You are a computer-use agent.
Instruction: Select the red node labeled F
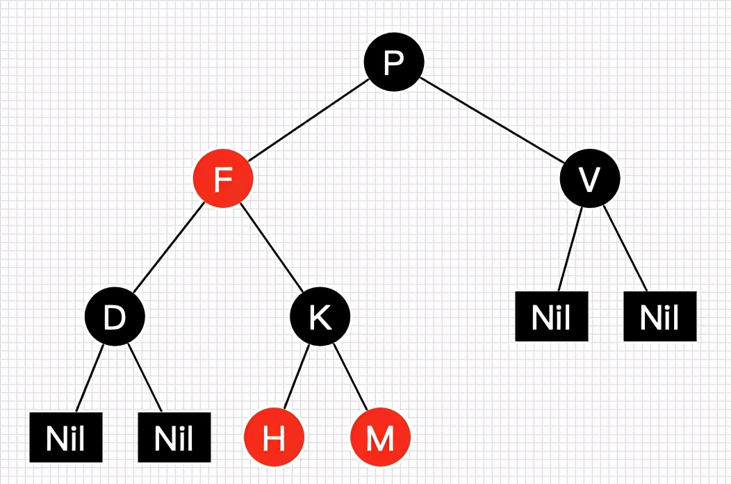pos(222,179)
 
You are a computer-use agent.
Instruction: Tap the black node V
pos(589,179)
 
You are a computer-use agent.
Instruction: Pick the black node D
pos(115,317)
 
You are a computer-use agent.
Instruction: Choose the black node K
pos(320,317)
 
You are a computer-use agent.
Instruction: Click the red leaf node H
pos(274,439)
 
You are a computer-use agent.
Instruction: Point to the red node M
pos(380,439)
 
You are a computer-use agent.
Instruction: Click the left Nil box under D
pos(66,437)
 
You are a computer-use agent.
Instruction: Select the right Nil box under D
pos(174,437)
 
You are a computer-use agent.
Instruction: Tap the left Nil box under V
pos(552,316)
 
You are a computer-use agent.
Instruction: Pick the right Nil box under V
pos(659,316)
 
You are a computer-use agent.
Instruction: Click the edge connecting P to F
pos(307,121)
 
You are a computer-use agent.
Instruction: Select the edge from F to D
pos(168,248)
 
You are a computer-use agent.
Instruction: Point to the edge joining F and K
pos(272,248)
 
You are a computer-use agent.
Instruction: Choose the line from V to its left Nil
pos(570,249)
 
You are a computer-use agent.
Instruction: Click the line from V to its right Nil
pos(625,248)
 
